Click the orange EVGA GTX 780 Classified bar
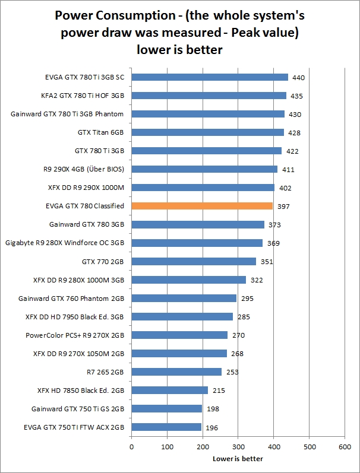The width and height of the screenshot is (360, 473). click(202, 206)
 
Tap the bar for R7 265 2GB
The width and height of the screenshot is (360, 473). click(176, 372)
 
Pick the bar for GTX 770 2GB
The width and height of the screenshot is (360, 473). click(194, 261)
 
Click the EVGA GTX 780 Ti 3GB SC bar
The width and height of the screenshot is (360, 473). click(210, 77)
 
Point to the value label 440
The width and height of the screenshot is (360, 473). click(299, 78)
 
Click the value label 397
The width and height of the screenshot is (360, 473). click(283, 207)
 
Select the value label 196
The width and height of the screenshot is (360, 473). click(212, 427)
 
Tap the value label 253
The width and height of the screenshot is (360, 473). click(232, 372)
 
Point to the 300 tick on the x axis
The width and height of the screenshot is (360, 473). click(238, 446)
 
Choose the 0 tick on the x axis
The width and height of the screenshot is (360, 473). click(131, 446)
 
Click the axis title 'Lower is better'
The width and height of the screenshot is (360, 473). click(238, 458)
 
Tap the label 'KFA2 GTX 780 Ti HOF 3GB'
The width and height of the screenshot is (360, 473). click(85, 96)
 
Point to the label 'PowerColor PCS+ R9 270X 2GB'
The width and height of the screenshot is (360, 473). click(75, 335)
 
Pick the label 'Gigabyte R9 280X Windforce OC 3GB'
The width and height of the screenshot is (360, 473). click(65, 243)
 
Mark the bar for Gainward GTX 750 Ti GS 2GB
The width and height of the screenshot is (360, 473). click(166, 408)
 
